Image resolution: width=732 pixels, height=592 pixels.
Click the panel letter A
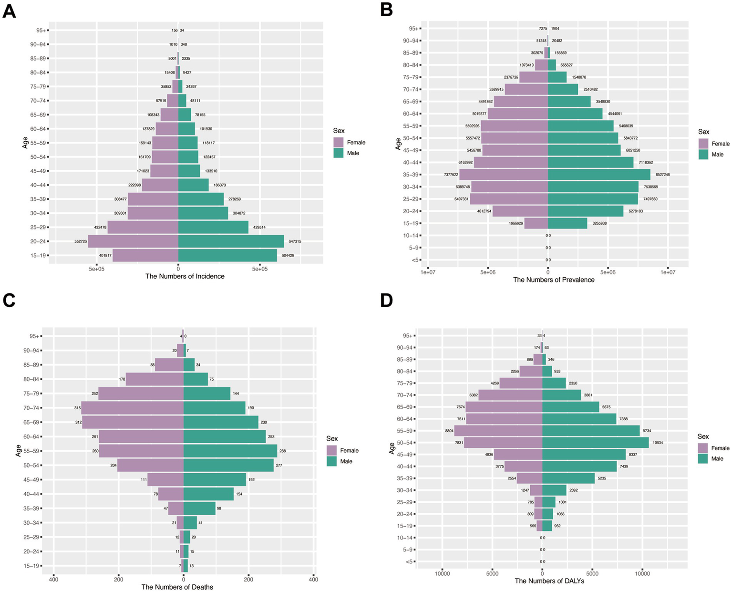pos(9,10)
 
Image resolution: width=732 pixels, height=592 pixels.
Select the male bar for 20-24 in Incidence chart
pos(231,241)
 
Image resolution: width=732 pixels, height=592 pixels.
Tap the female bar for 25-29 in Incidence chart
pos(143,228)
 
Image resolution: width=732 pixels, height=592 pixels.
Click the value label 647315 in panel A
pos(294,241)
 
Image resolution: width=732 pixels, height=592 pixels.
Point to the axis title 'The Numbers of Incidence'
pos(185,276)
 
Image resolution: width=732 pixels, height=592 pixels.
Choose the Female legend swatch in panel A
pos(339,142)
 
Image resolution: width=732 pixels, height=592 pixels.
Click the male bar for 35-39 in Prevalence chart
pos(599,175)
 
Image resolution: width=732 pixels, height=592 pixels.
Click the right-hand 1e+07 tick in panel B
pos(668,272)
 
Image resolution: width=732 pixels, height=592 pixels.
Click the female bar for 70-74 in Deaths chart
pos(133,408)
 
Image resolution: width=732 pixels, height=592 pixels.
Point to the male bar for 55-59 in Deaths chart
pos(230,451)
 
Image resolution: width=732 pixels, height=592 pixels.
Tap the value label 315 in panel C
pos(78,408)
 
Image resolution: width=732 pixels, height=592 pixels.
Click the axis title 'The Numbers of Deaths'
pos(177,587)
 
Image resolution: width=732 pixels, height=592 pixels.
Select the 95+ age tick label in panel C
pos(33,336)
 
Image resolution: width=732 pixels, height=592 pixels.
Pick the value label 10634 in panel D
pos(658,443)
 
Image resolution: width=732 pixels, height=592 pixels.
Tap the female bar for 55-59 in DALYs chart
pos(498,431)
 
